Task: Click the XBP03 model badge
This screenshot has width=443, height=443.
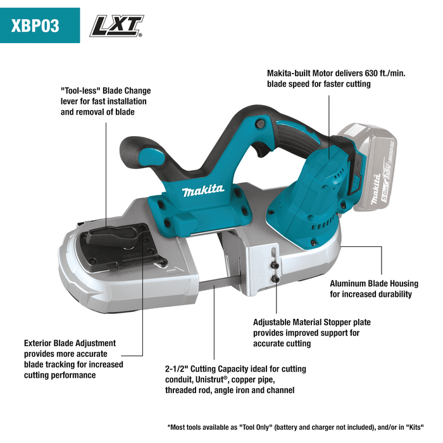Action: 40,25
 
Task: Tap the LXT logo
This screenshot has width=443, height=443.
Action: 117,26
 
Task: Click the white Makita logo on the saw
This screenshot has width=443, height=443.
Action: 203,190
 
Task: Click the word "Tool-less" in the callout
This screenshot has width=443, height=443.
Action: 81,90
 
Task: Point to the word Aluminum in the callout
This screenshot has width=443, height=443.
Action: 349,284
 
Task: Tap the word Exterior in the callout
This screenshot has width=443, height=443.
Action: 40,343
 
